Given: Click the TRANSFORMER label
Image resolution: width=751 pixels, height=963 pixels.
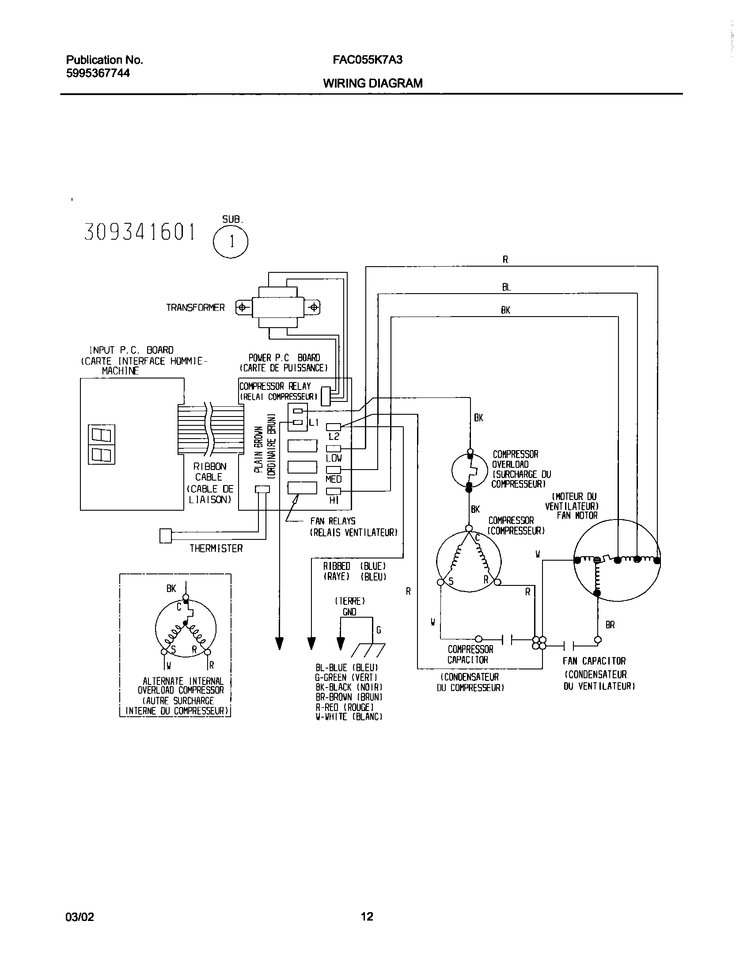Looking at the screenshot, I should coord(195,308).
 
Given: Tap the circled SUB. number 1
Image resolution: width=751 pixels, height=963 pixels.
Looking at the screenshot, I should coord(231,242).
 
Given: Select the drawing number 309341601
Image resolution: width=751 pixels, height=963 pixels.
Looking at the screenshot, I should coord(140,232).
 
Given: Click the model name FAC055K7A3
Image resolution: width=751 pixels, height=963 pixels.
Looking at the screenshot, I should coord(368,60).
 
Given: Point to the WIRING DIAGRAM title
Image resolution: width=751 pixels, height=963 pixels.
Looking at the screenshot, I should coord(372,83).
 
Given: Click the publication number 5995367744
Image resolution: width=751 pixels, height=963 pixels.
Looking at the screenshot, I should coord(98,73).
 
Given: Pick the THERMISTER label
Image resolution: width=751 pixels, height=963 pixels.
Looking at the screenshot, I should coord(216,549).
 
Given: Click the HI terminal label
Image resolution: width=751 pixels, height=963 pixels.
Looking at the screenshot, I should coord(334,501).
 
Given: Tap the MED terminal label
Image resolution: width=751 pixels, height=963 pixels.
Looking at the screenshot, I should coord(334,479).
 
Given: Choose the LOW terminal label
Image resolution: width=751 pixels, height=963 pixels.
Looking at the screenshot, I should coord(334,458).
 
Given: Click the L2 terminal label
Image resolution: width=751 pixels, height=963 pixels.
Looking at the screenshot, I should coord(334,436).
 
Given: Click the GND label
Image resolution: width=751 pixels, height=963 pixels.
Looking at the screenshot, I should coord(349,612).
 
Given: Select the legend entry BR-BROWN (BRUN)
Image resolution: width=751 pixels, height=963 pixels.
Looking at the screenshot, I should coord(349,697).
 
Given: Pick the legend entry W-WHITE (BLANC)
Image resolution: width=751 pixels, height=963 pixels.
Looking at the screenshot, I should coord(349,717).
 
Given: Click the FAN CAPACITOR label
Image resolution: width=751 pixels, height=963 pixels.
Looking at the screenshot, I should coord(594,661).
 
